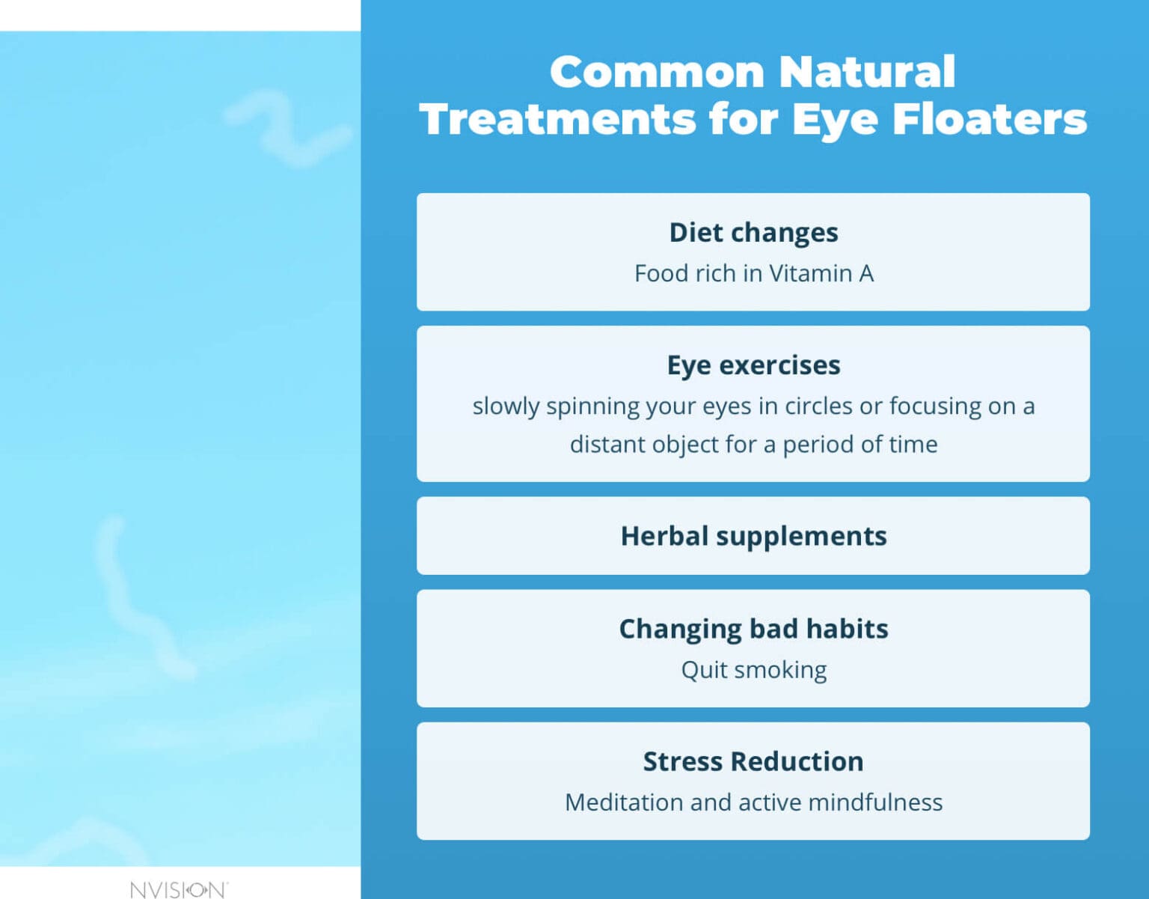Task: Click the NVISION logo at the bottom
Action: pyautogui.click(x=178, y=889)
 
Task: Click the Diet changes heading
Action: pyautogui.click(x=753, y=233)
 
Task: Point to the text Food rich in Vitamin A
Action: pyautogui.click(x=753, y=273)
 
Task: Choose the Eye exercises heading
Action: pyautogui.click(x=753, y=365)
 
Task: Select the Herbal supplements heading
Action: pyautogui.click(x=753, y=536)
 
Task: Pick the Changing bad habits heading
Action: pyautogui.click(x=753, y=629)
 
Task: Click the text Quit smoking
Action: pyautogui.click(x=753, y=669)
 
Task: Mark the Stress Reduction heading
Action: pyautogui.click(x=753, y=761)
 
